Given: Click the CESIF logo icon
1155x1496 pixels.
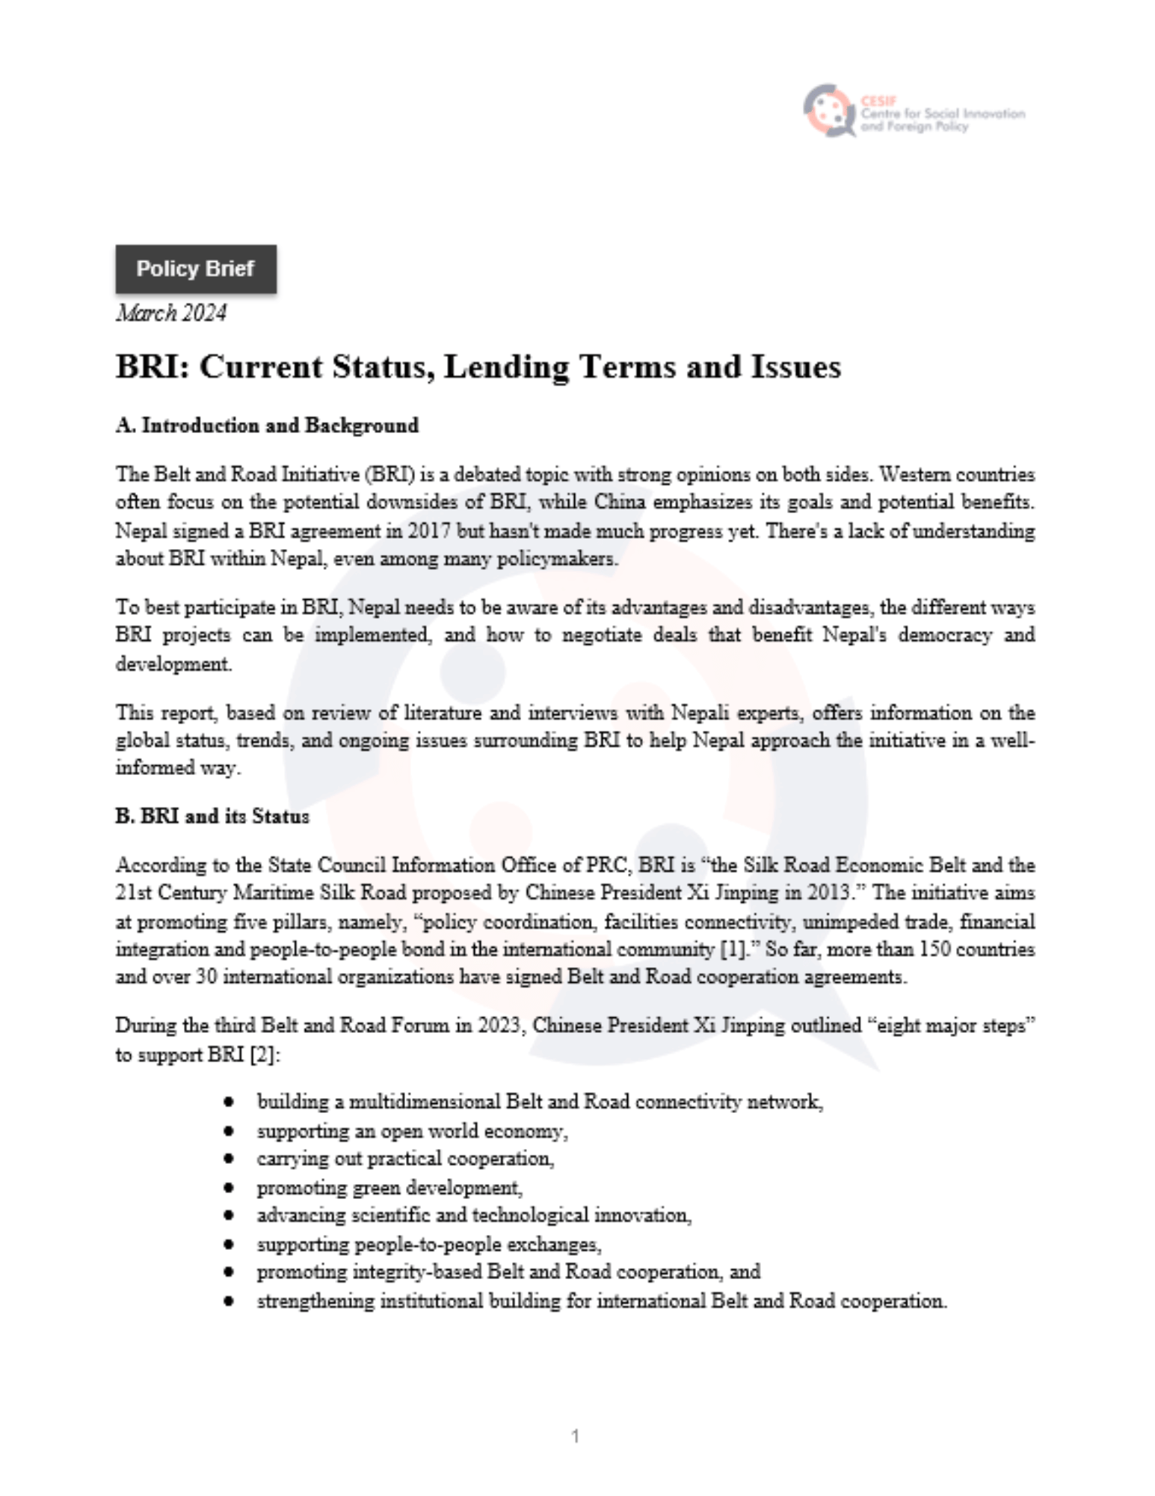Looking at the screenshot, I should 828,110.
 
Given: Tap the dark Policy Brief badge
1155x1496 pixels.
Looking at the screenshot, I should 195,269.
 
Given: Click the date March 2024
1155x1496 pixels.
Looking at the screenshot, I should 170,313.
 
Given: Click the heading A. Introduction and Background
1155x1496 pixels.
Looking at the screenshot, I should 267,426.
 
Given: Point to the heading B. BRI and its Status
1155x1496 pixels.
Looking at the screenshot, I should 212,816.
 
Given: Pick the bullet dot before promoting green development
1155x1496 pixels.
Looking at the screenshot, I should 229,1187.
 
